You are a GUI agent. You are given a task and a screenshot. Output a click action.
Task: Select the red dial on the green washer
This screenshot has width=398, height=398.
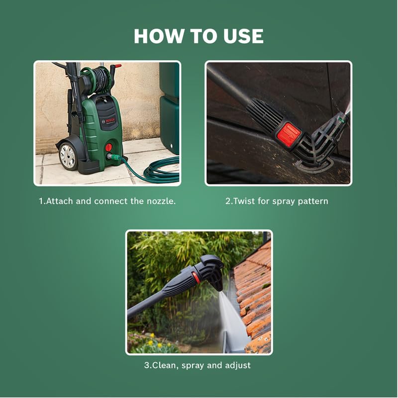click(x=108, y=148)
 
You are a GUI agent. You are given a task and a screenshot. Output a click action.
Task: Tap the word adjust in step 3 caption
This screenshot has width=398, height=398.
click(x=237, y=365)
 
